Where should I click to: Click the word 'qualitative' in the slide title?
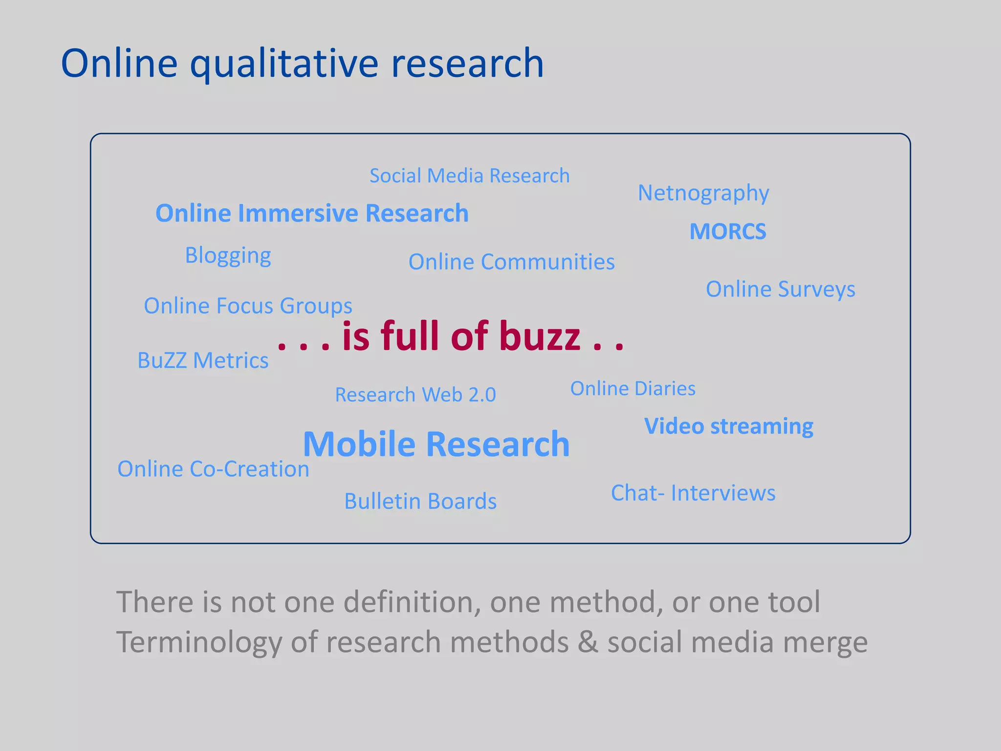tap(284, 65)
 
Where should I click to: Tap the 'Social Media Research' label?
tap(469, 176)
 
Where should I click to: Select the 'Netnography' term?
tap(703, 194)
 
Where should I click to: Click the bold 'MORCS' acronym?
tap(728, 232)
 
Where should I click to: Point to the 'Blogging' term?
tap(228, 256)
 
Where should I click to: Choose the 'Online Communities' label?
tap(511, 262)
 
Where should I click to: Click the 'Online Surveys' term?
tap(780, 289)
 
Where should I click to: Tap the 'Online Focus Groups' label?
tap(248, 306)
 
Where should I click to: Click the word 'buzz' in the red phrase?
tap(540, 336)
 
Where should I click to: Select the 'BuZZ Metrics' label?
tap(203, 360)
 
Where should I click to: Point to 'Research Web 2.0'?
tap(415, 395)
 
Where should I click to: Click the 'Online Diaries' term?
tap(632, 389)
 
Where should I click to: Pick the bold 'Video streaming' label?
tap(728, 426)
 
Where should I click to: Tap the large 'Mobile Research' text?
tap(436, 444)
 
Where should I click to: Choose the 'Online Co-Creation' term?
tap(213, 469)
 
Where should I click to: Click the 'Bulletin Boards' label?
tap(420, 501)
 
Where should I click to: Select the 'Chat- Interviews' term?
tap(693, 493)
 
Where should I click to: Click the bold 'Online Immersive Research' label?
tap(312, 213)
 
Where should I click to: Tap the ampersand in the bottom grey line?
tap(588, 642)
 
